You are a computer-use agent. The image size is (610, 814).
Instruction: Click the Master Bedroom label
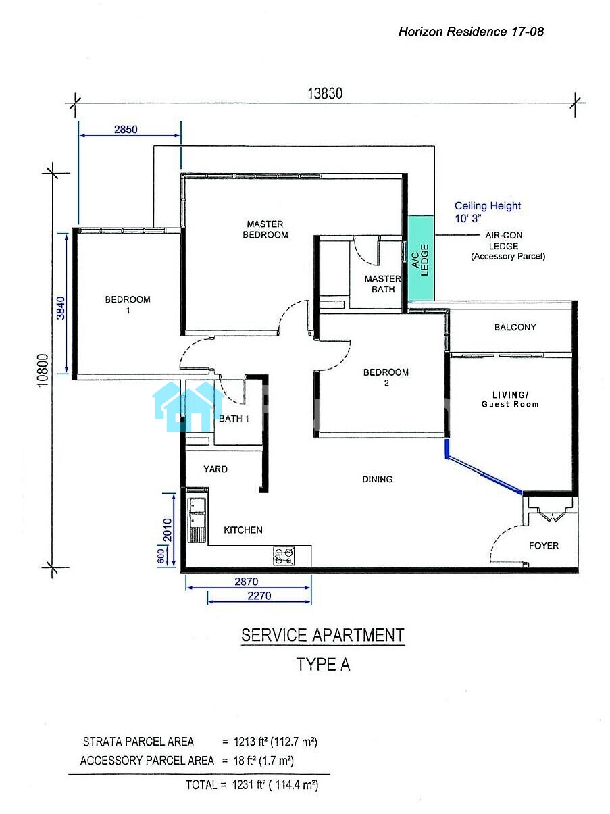click(x=265, y=229)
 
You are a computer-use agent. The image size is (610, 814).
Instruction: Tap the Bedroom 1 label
click(x=128, y=305)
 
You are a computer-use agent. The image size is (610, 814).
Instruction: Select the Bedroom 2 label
click(x=386, y=377)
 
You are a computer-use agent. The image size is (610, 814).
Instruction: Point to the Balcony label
click(x=515, y=327)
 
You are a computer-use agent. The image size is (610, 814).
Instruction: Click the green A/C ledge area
click(x=421, y=259)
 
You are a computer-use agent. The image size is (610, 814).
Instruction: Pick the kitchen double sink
click(x=197, y=515)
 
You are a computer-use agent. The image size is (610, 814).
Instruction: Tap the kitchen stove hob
click(x=284, y=556)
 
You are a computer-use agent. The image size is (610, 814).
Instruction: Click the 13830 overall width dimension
click(x=325, y=93)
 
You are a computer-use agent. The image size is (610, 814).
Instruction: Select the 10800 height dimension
click(x=43, y=370)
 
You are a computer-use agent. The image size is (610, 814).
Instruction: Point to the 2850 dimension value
click(x=126, y=130)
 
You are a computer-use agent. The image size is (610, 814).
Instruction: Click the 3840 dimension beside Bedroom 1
click(x=61, y=308)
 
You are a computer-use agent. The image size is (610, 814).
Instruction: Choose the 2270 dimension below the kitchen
click(x=259, y=596)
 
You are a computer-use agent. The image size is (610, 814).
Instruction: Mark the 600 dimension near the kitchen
click(x=161, y=556)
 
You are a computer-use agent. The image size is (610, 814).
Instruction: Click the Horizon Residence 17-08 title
click(x=471, y=32)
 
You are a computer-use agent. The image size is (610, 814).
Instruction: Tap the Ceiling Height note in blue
click(x=488, y=211)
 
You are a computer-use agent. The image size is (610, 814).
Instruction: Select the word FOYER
click(x=544, y=546)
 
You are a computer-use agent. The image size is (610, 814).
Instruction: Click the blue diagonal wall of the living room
click(x=484, y=474)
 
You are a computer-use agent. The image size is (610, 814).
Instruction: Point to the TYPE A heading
click(x=323, y=665)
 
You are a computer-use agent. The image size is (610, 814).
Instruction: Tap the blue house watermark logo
click(x=188, y=407)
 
